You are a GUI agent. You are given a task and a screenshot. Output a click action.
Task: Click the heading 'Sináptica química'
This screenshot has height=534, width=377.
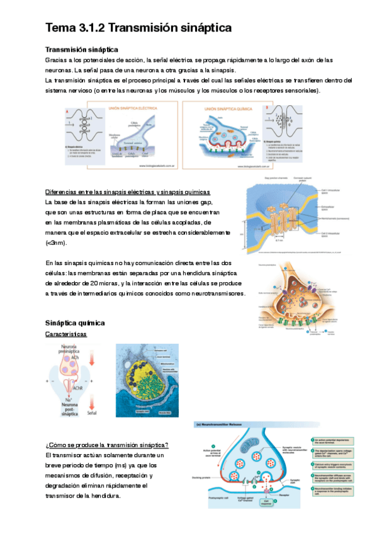[75, 322]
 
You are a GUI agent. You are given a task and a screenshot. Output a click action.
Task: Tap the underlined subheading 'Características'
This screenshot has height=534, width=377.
[66, 334]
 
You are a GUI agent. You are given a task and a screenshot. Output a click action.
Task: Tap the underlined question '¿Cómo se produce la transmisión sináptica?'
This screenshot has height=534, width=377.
[107, 445]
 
